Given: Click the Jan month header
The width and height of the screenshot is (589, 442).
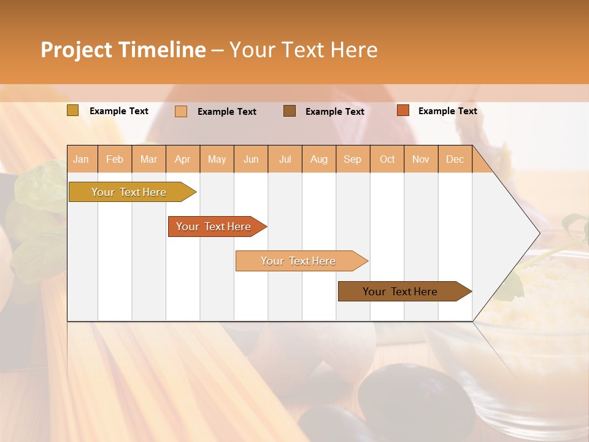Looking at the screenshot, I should (x=82, y=159).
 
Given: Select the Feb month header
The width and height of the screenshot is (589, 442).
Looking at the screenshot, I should (x=115, y=159).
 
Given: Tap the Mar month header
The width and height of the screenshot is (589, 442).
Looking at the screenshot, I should (x=148, y=159).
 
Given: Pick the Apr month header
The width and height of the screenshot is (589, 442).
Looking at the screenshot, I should (x=183, y=159).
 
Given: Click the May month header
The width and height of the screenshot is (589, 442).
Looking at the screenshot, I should (x=217, y=159).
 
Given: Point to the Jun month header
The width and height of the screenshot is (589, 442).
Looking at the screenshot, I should (x=251, y=159).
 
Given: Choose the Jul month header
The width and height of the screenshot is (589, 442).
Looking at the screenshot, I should (x=285, y=159).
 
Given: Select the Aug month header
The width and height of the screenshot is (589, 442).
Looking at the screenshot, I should (x=319, y=159).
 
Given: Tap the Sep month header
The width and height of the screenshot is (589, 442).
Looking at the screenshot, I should (x=353, y=159).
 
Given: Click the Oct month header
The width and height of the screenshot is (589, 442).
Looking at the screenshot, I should (x=387, y=159).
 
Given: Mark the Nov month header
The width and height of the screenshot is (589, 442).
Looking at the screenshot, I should (x=421, y=159).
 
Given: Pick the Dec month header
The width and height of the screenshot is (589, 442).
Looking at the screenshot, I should (x=455, y=159).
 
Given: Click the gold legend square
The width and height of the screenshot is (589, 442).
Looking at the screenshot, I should (x=73, y=110).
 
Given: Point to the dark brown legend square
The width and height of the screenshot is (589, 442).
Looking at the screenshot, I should (x=290, y=110).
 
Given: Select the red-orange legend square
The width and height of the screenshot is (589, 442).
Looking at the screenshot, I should (x=403, y=110).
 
